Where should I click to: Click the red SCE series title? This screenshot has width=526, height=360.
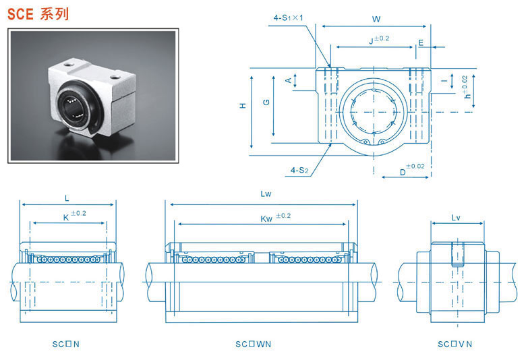(38, 13)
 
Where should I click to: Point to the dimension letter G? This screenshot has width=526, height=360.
(267, 102)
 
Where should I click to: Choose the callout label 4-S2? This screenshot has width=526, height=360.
(299, 171)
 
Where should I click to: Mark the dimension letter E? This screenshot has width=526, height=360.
(421, 42)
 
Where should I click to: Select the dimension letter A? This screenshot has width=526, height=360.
(289, 80)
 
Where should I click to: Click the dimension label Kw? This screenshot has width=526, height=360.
(266, 218)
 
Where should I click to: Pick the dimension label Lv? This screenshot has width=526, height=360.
(455, 217)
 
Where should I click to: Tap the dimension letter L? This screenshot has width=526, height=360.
(67, 198)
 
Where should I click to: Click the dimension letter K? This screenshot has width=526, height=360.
(66, 218)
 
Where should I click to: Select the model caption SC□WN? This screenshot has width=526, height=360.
(253, 344)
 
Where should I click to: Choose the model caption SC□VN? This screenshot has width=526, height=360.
(455, 344)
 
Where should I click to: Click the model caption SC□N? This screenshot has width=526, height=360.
(66, 344)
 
